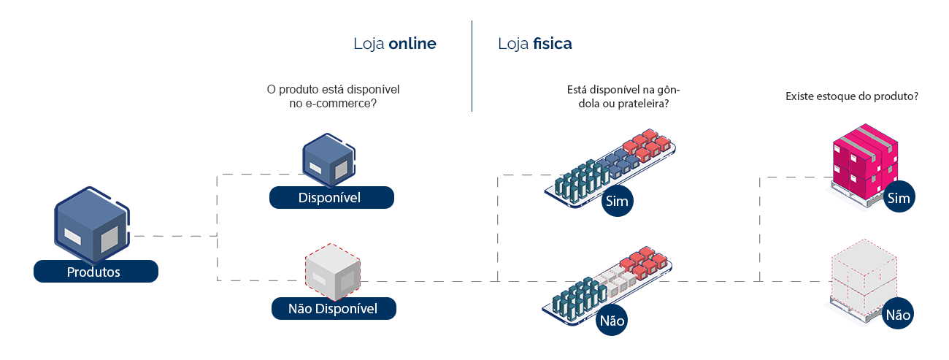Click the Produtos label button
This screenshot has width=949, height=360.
click(x=96, y=272)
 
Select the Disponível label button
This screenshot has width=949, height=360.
click(x=331, y=198)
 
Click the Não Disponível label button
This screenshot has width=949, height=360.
click(x=333, y=309)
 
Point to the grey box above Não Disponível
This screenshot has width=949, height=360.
click(x=333, y=273)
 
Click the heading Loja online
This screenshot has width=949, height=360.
click(x=394, y=44)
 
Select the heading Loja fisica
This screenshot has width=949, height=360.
click(x=535, y=44)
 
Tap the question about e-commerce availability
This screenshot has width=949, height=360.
click(x=333, y=96)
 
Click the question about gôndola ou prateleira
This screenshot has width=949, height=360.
click(x=623, y=96)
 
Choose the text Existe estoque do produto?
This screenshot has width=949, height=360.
click(x=851, y=96)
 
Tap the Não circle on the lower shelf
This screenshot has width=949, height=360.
click(x=612, y=320)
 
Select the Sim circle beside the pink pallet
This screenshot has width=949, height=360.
click(x=899, y=199)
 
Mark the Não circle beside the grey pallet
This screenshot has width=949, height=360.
click(x=898, y=315)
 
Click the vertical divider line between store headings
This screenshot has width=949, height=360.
click(x=472, y=66)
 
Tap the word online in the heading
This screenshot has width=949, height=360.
click(x=412, y=44)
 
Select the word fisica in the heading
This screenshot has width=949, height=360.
click(x=553, y=44)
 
